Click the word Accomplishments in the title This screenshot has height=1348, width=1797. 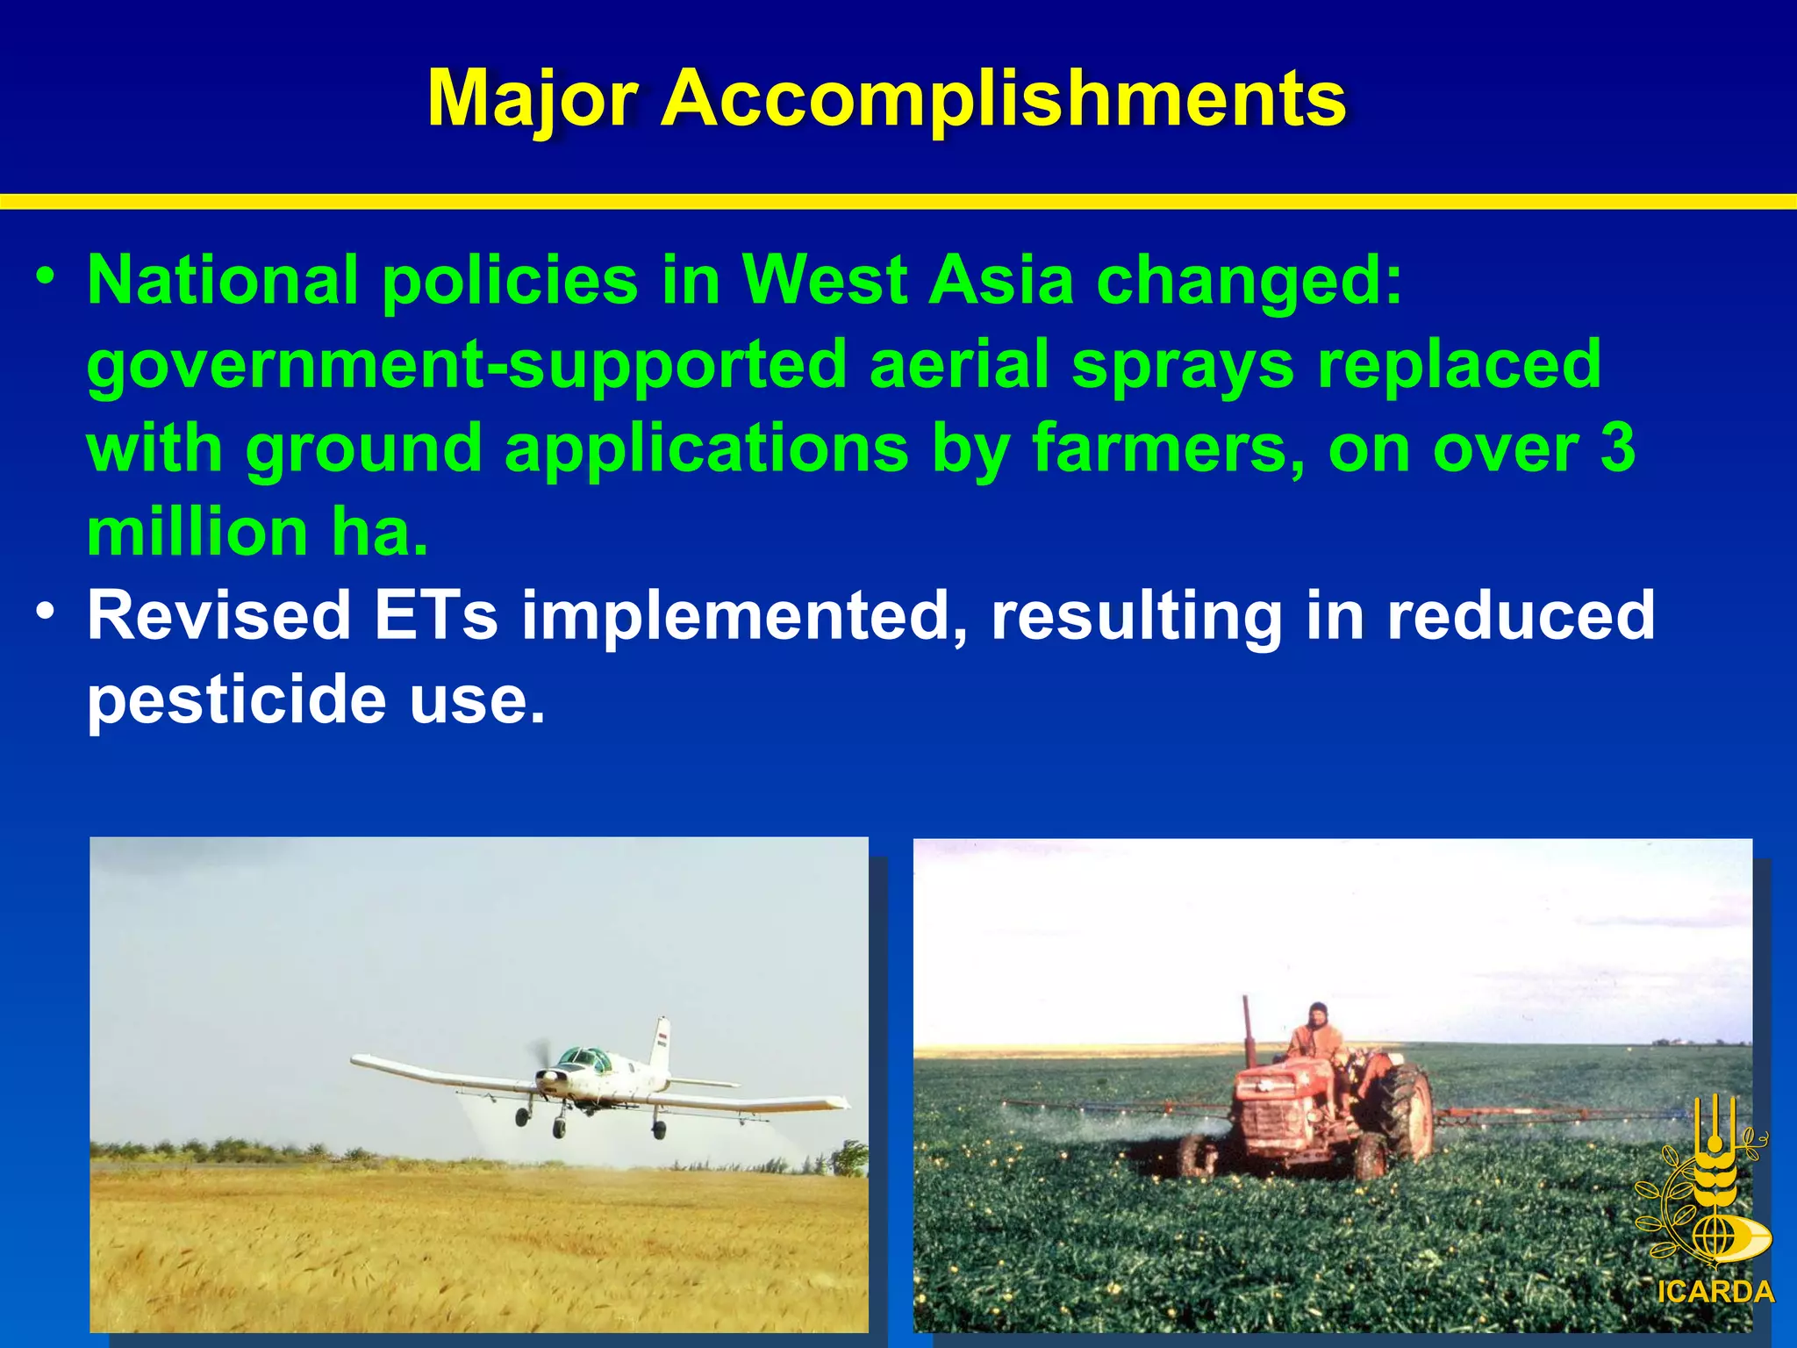click(1003, 99)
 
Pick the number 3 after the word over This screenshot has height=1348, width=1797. click(1617, 448)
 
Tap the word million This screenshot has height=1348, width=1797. click(197, 532)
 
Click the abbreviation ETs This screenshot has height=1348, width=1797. click(436, 615)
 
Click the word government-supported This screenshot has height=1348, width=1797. click(466, 366)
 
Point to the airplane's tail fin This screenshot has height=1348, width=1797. click(660, 1044)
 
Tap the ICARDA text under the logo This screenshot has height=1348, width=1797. click(1715, 1292)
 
